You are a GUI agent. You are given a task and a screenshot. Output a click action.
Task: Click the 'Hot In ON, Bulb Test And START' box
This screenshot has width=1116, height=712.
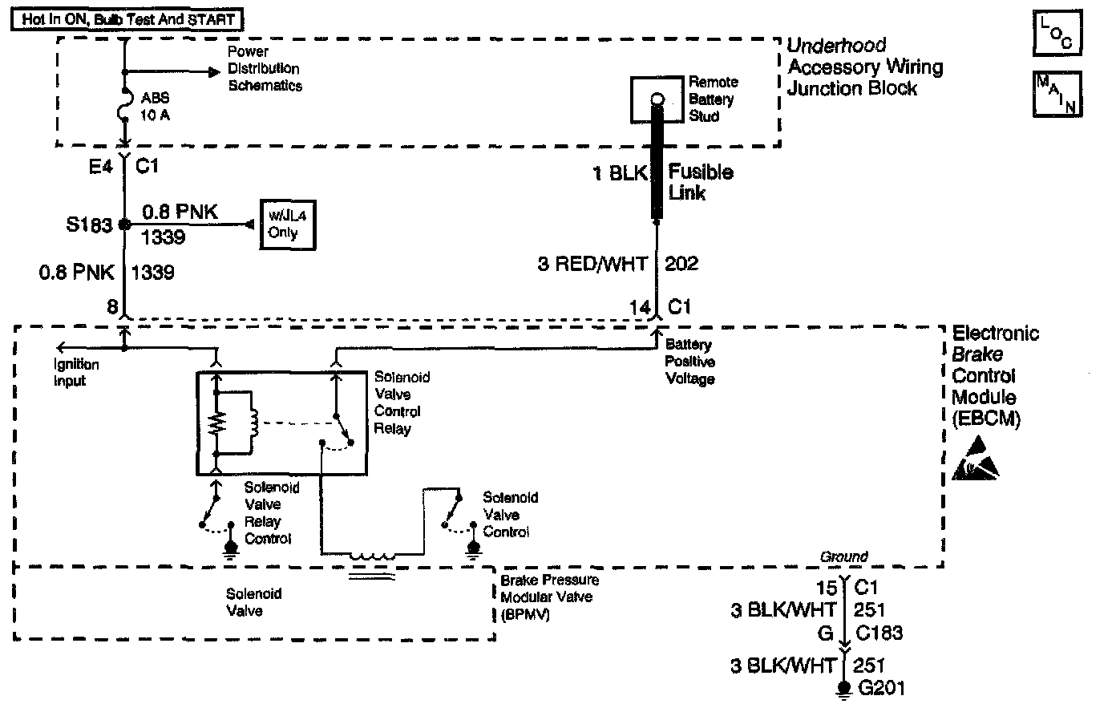click(x=127, y=19)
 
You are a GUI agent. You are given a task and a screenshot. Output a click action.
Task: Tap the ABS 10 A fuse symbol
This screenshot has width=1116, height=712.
click(x=125, y=105)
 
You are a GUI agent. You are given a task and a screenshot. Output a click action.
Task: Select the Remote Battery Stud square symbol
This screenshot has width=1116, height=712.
click(x=657, y=99)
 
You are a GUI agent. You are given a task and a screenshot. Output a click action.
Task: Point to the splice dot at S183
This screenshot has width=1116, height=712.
click(x=124, y=225)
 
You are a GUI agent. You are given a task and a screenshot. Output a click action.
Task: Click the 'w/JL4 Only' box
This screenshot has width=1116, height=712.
click(x=283, y=225)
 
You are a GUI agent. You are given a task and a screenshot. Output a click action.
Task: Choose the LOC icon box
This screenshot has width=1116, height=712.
click(x=1057, y=34)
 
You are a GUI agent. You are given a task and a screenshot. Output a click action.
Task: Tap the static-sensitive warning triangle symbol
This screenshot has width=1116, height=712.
click(x=975, y=460)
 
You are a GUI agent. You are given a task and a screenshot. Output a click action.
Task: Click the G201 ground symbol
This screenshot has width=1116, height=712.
click(x=843, y=690)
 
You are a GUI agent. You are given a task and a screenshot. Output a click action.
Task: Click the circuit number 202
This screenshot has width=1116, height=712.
click(x=682, y=264)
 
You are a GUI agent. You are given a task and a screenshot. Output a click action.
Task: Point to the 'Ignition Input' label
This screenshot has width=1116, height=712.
click(x=76, y=373)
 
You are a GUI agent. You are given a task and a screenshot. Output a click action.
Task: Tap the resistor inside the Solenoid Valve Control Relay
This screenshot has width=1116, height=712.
click(x=215, y=422)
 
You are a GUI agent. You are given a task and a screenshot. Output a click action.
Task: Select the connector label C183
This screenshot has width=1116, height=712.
click(x=879, y=633)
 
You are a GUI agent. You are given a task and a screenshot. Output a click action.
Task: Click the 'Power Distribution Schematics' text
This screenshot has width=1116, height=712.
click(x=264, y=69)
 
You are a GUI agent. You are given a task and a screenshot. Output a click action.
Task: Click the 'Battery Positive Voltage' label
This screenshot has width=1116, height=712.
click(x=690, y=362)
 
